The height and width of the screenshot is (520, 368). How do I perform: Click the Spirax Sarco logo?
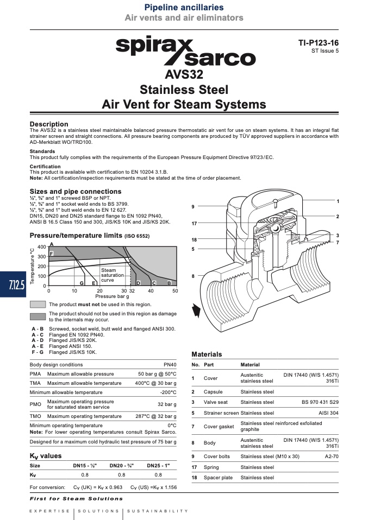pos(186,52)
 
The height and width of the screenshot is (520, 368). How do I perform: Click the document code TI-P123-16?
pos(319,43)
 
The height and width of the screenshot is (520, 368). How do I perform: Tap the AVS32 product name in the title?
pos(184,74)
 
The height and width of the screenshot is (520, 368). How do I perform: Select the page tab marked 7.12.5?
pos(13,284)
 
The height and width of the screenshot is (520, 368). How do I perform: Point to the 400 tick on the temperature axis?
pos(41,247)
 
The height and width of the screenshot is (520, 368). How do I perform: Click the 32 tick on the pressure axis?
pos(132,291)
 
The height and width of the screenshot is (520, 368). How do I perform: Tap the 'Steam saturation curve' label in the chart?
pos(113,275)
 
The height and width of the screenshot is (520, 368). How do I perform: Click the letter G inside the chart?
pos(82,283)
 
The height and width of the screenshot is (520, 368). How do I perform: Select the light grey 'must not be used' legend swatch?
pos(38,305)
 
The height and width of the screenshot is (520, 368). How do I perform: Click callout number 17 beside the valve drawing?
pos(194,224)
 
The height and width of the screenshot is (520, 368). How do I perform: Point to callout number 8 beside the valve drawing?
pos(193,276)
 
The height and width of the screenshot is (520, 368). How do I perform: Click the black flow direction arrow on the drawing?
pos(196,311)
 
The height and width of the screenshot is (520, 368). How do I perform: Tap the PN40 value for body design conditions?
pos(170,364)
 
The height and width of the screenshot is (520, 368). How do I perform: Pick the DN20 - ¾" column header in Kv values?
pos(122,466)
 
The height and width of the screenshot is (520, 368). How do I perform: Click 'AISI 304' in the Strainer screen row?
pos(328,413)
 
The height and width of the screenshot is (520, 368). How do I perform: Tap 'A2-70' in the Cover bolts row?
pos(332,456)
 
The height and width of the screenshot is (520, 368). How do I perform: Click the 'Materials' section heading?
pos(207,354)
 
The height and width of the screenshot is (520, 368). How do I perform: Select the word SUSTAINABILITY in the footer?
pos(158,511)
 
